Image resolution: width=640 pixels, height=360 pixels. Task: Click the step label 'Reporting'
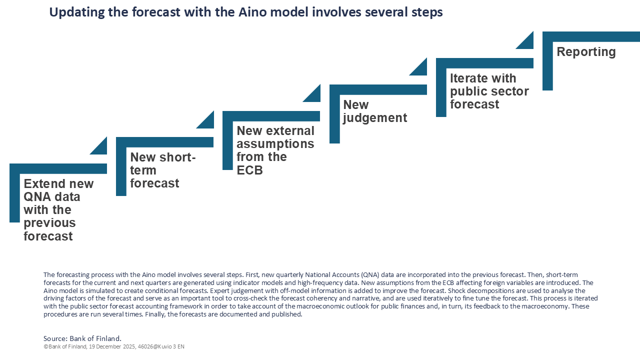click(586, 52)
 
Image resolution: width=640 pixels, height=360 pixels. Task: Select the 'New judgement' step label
click(375, 111)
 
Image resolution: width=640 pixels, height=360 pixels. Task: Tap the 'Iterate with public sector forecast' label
click(489, 91)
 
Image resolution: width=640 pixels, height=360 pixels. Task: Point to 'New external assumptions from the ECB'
click(275, 150)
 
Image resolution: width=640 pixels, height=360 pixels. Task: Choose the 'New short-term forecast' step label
click(162, 170)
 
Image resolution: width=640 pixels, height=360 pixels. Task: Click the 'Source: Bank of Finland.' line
click(82, 338)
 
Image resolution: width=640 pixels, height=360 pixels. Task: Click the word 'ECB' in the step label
click(249, 170)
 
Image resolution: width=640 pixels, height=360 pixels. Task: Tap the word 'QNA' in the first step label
click(38, 196)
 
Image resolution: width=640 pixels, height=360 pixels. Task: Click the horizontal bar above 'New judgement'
click(378, 89)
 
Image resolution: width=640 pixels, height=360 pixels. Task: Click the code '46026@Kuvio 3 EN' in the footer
click(163, 346)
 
